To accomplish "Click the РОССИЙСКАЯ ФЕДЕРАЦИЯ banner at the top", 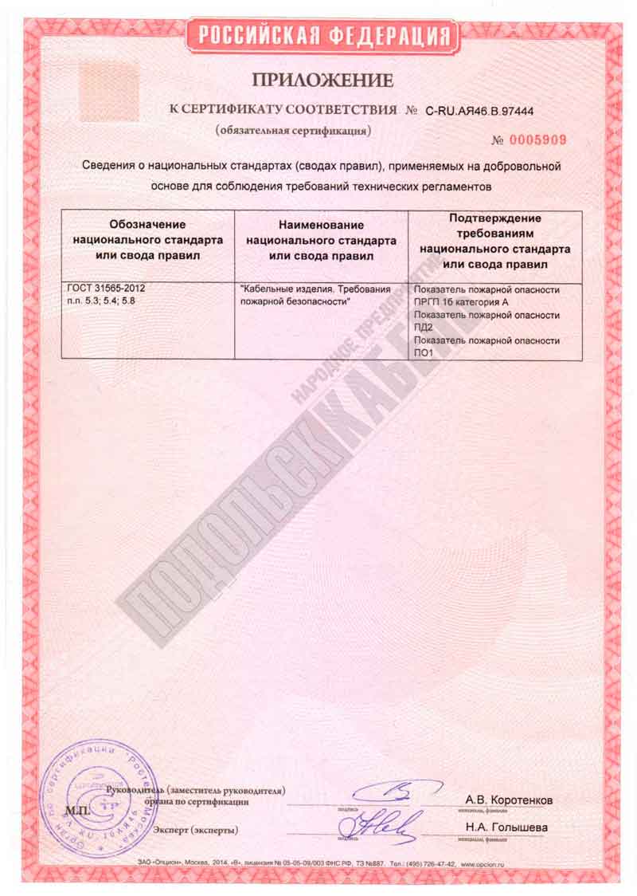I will (x=322, y=36).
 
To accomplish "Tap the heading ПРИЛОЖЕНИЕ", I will (x=322, y=80).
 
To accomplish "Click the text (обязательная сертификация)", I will (x=293, y=129).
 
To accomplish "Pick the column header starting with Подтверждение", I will (x=494, y=240).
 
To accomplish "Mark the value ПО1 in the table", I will (x=424, y=353).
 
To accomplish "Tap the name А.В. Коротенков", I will (x=509, y=800).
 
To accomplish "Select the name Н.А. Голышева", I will (x=506, y=827).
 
